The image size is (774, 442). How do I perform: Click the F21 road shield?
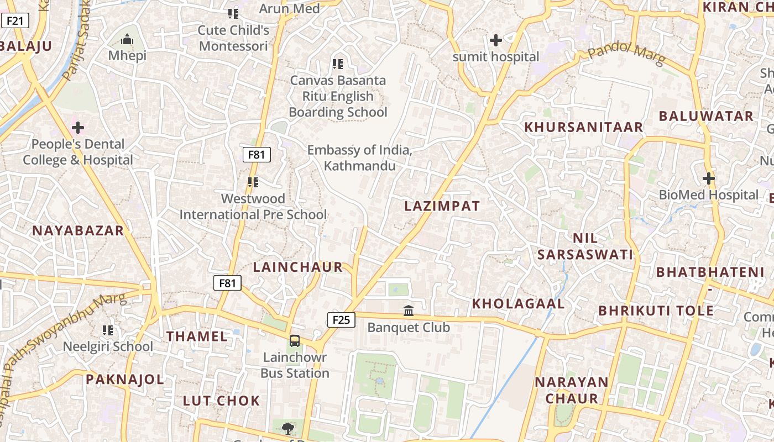pyautogui.click(x=15, y=21)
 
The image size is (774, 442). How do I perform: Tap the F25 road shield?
pyautogui.click(x=341, y=319)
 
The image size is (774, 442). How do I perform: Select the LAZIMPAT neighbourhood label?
pyautogui.click(x=442, y=206)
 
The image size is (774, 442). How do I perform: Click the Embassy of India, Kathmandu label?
pyautogui.click(x=359, y=157)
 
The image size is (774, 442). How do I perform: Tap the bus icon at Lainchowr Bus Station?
pyautogui.click(x=295, y=340)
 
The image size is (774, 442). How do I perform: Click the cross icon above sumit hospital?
pyautogui.click(x=496, y=40)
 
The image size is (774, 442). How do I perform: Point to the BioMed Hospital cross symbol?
pyautogui.click(x=708, y=178)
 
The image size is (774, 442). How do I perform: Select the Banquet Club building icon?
pyautogui.click(x=409, y=311)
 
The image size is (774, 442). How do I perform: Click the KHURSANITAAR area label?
pyautogui.click(x=583, y=127)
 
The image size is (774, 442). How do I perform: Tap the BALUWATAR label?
pyautogui.click(x=705, y=116)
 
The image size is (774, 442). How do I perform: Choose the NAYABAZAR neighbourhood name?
pyautogui.click(x=77, y=231)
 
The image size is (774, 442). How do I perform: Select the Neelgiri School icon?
pyautogui.click(x=108, y=330)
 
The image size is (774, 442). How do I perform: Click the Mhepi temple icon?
pyautogui.click(x=127, y=40)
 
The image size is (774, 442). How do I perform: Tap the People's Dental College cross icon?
pyautogui.click(x=78, y=128)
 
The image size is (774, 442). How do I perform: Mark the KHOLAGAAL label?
pyautogui.click(x=518, y=303)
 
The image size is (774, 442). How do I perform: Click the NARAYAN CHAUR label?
pyautogui.click(x=571, y=390)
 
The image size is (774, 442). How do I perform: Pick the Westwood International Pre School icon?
pyautogui.click(x=253, y=182)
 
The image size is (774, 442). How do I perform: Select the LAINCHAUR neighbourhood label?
pyautogui.click(x=298, y=267)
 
